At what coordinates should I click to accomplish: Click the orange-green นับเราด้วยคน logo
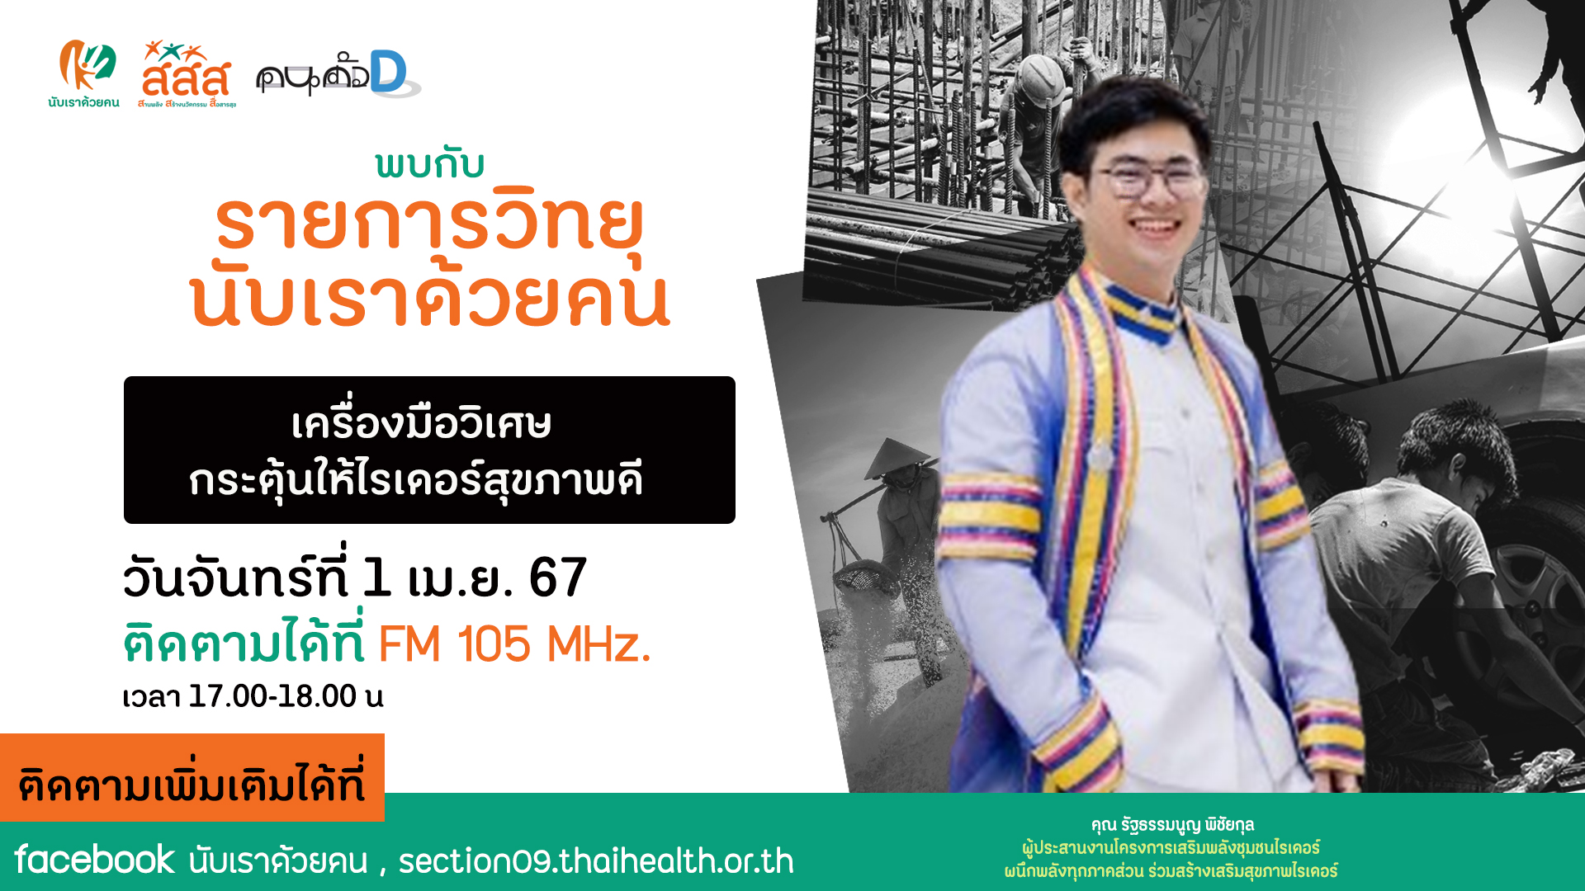point(83,73)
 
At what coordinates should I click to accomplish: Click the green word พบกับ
point(429,164)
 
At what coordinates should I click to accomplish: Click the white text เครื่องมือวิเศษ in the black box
point(421,422)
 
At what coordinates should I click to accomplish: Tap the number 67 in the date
point(558,577)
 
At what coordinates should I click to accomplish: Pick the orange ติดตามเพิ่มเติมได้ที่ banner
point(192,778)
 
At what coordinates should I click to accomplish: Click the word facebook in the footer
point(94,860)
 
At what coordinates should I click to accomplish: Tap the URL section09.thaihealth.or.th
point(596,860)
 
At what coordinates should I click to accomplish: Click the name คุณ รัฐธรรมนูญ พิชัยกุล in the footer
point(1172,824)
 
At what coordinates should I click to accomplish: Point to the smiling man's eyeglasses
point(1151,178)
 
